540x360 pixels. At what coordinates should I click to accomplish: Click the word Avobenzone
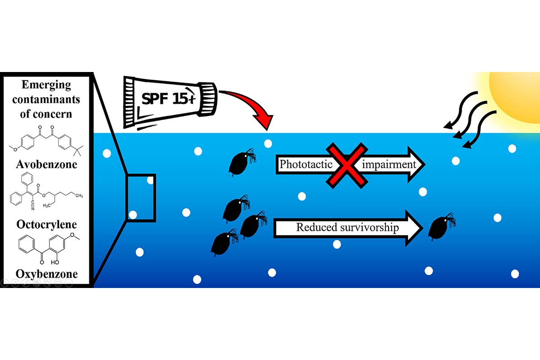point(46,164)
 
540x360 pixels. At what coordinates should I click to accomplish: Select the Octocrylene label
point(46,224)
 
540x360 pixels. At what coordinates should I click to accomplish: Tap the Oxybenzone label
point(46,274)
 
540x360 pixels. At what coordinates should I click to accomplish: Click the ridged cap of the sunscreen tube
point(207,93)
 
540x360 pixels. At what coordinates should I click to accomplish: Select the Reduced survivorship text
point(347,227)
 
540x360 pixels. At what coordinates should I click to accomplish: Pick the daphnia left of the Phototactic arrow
point(242,164)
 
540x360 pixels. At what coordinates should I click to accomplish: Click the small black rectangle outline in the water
point(140,197)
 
